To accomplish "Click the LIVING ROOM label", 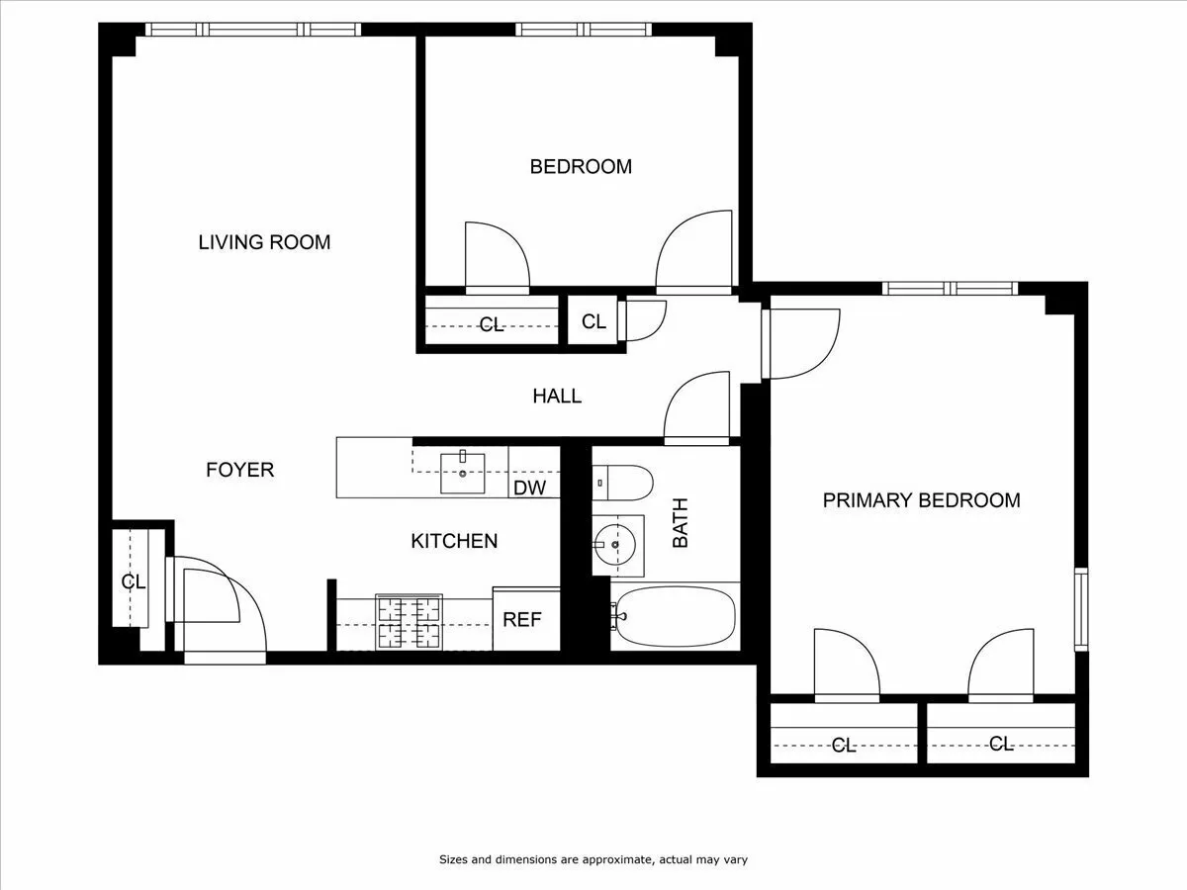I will (x=264, y=242).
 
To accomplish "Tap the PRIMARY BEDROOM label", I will (x=921, y=500).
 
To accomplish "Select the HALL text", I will (x=557, y=397).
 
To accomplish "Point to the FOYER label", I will (x=239, y=470).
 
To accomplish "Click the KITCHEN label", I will (x=454, y=541).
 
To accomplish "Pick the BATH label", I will (x=681, y=523).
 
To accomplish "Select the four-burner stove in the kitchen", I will (x=409, y=622).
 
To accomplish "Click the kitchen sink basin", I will (x=462, y=472).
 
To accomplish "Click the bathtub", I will (x=675, y=616).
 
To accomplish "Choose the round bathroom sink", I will (x=615, y=545).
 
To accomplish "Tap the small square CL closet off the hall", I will (x=593, y=321).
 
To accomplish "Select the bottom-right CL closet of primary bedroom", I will (x=1000, y=744).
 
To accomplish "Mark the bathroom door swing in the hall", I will (x=697, y=405).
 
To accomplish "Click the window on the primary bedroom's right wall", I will (x=1081, y=607).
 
